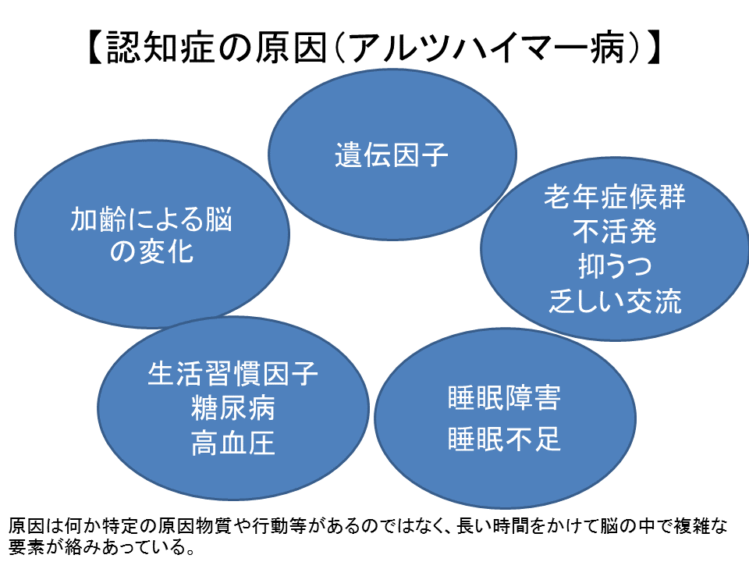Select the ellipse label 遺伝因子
[392, 155]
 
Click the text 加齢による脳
[151, 219]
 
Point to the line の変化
[151, 251]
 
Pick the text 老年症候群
[615, 197]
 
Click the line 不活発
[615, 231]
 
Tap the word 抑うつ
[615, 266]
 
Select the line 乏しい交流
[615, 301]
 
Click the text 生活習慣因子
[233, 373]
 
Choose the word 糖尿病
[233, 408]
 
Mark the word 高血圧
[233, 443]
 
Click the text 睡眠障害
[505, 397]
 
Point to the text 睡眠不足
[505, 438]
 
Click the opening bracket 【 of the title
[95, 48]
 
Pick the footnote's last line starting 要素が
[101, 546]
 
